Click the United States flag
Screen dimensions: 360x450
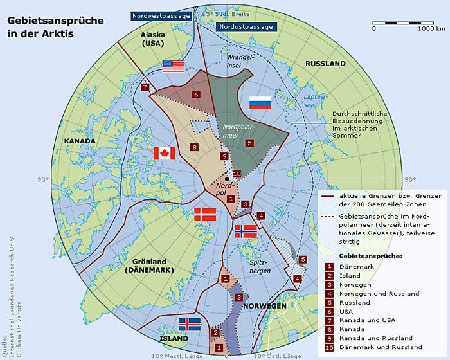click(x=173, y=66)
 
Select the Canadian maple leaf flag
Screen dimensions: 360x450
click(x=165, y=153)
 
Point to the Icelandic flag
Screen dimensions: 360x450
click(x=190, y=323)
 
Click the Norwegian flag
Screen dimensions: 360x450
click(x=246, y=231)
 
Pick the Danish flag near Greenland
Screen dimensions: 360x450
click(x=205, y=215)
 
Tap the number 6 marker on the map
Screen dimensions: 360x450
click(x=195, y=94)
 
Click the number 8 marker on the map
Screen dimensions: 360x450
click(x=195, y=148)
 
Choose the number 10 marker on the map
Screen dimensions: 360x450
click(x=237, y=174)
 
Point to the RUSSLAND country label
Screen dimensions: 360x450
click(x=325, y=64)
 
